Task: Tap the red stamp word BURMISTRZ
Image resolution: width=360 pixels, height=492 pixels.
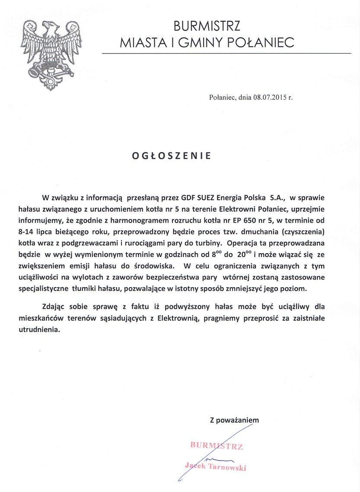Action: click(x=217, y=446)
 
